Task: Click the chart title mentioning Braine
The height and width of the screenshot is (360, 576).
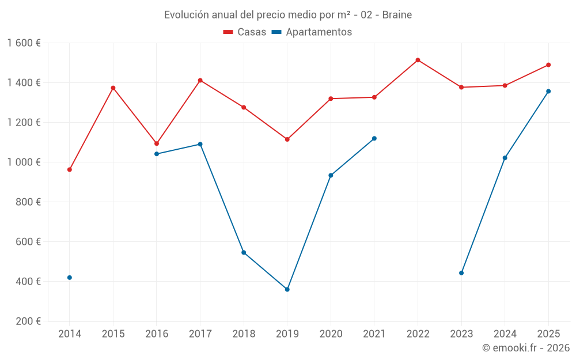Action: pyautogui.click(x=288, y=15)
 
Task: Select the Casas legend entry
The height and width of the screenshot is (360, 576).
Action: pyautogui.click(x=245, y=32)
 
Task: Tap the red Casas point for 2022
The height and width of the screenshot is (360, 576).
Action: pyautogui.click(x=418, y=60)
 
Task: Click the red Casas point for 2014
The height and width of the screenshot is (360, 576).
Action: pyautogui.click(x=70, y=170)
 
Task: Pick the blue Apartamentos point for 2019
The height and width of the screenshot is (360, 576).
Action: pyautogui.click(x=287, y=289)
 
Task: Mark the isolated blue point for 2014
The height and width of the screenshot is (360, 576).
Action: pyautogui.click(x=70, y=278)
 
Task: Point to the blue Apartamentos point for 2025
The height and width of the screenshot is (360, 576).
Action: pyautogui.click(x=548, y=91)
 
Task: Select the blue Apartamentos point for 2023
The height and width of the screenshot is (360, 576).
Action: pyautogui.click(x=461, y=273)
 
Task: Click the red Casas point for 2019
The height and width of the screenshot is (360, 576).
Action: pyautogui.click(x=287, y=139)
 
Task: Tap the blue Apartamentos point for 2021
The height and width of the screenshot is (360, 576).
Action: pyautogui.click(x=374, y=138)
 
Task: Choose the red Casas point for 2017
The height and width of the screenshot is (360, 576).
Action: pyautogui.click(x=200, y=80)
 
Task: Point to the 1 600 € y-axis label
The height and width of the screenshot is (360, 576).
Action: pyautogui.click(x=24, y=43)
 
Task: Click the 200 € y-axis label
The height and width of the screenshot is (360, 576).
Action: pyautogui.click(x=29, y=321)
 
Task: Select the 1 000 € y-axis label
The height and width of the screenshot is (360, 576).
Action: pyautogui.click(x=24, y=162)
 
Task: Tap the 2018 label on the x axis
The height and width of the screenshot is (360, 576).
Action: pyautogui.click(x=244, y=334)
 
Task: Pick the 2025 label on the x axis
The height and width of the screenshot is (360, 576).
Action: pyautogui.click(x=548, y=334)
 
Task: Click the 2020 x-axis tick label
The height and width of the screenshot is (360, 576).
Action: pyautogui.click(x=331, y=334)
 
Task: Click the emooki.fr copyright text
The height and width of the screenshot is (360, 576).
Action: pyautogui.click(x=526, y=348)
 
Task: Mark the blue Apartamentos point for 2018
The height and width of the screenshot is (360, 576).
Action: pyautogui.click(x=244, y=252)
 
